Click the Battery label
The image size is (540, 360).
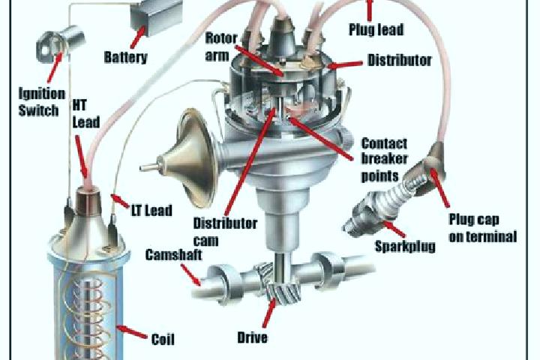(x=126, y=57)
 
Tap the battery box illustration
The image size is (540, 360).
(x=156, y=16)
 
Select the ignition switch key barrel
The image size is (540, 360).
(x=59, y=43)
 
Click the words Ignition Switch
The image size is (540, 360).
(x=42, y=102)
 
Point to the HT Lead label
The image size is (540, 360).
(x=85, y=114)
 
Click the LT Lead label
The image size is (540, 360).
(x=151, y=211)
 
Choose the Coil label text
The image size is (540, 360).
(x=163, y=339)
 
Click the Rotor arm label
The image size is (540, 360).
(x=221, y=46)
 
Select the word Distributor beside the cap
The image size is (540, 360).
(x=399, y=60)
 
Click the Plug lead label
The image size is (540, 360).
(x=376, y=29)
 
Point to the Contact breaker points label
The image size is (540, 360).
(x=384, y=160)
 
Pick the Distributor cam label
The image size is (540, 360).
(x=225, y=232)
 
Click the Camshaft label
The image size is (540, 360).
(x=173, y=255)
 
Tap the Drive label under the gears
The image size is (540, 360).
(x=253, y=337)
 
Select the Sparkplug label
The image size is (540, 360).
(x=405, y=247)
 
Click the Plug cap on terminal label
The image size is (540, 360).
(x=483, y=228)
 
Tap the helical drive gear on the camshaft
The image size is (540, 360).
(x=280, y=283)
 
